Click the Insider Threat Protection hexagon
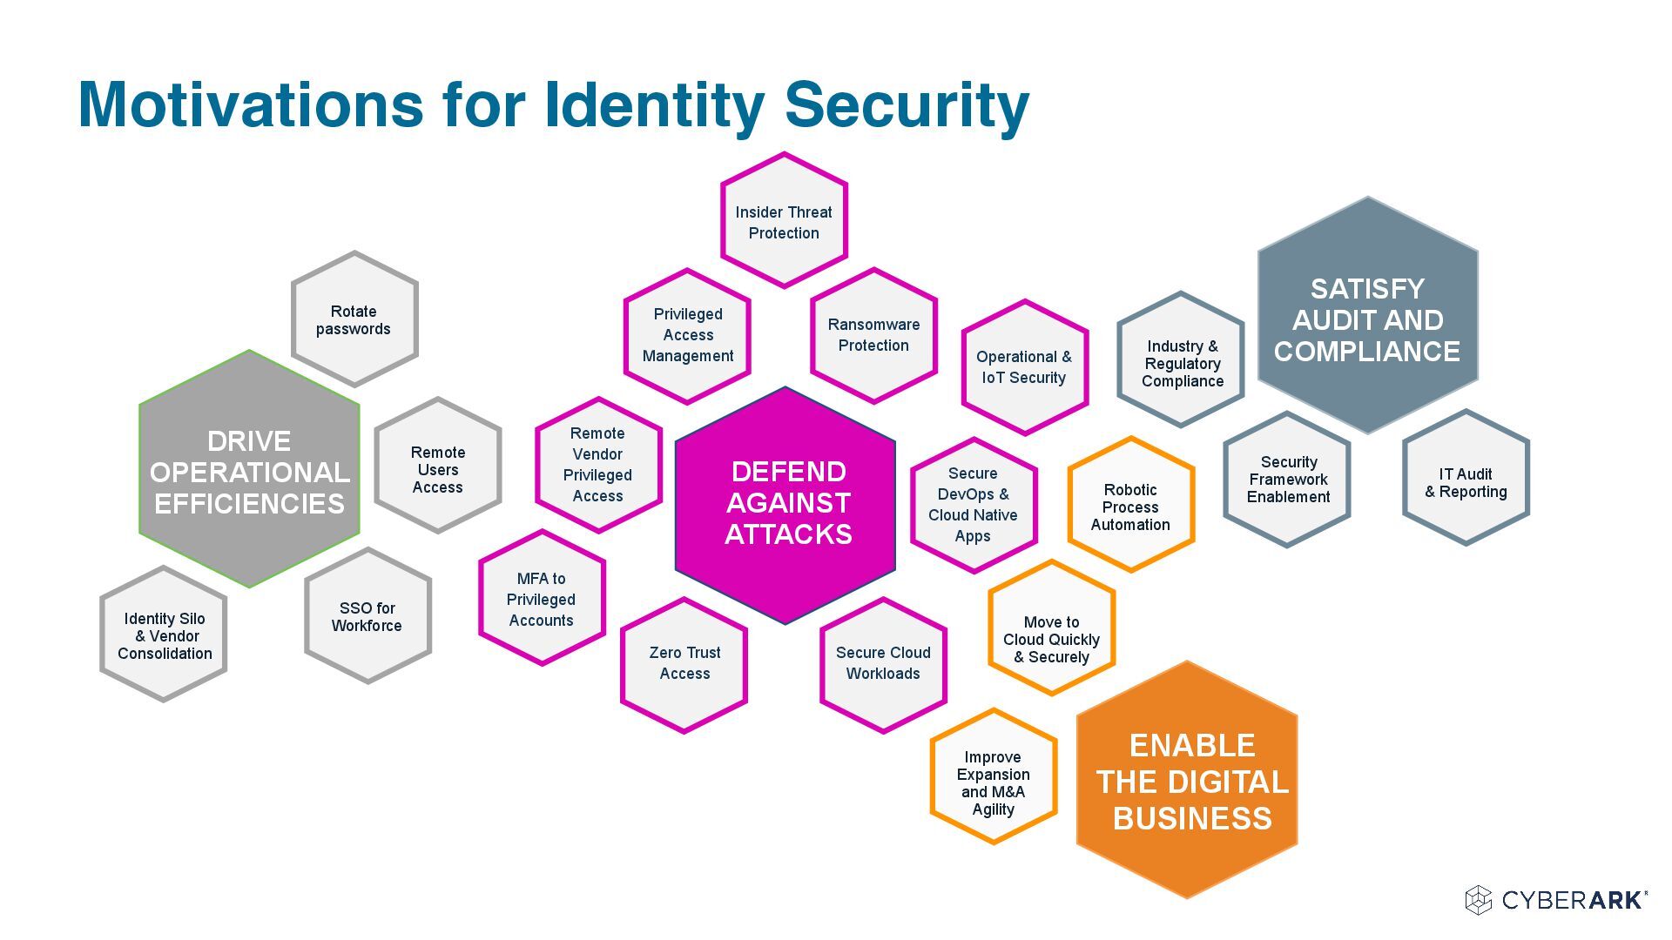click(784, 221)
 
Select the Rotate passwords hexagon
click(354, 319)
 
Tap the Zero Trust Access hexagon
click(684, 663)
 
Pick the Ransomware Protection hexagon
click(873, 335)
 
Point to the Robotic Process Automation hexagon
click(1130, 506)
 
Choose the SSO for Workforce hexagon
click(367, 616)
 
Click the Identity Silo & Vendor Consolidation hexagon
click(164, 635)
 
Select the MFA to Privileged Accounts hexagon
click(541, 599)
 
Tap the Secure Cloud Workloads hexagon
click(883, 663)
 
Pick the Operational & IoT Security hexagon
click(1024, 367)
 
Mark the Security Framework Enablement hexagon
click(1287, 480)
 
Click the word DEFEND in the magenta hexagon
click(788, 472)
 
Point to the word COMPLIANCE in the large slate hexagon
click(1366, 352)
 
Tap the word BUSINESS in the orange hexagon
click(1192, 819)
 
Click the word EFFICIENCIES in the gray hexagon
click(249, 504)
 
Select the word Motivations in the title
click(251, 104)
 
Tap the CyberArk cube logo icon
click(1479, 900)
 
